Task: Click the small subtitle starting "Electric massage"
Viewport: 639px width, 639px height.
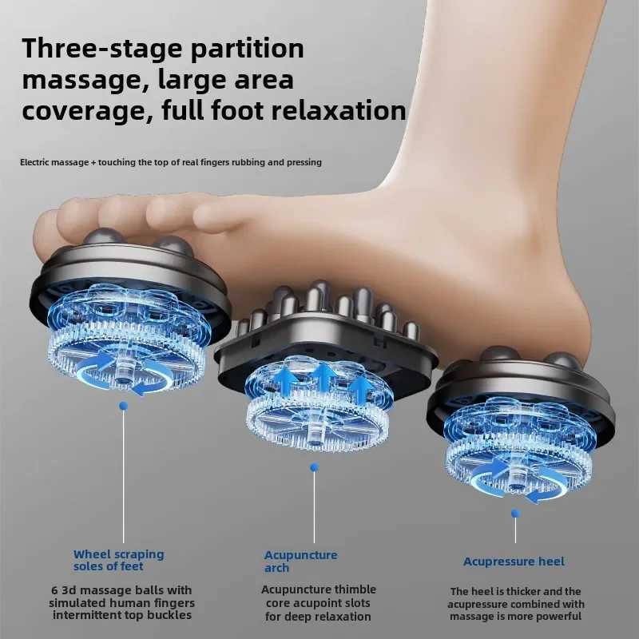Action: pos(171,162)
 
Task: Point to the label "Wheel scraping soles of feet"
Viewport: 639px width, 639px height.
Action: pos(119,560)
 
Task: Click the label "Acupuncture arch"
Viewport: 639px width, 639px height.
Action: pos(301,561)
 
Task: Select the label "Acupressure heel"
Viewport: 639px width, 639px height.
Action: pos(514,562)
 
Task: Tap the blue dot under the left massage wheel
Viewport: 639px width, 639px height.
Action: pos(123,406)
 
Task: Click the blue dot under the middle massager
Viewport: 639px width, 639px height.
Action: pos(314,466)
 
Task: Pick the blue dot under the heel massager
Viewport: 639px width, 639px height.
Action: pos(515,513)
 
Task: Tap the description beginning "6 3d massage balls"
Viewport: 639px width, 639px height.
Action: pos(123,603)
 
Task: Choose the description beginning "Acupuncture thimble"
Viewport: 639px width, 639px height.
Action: pos(316,603)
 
